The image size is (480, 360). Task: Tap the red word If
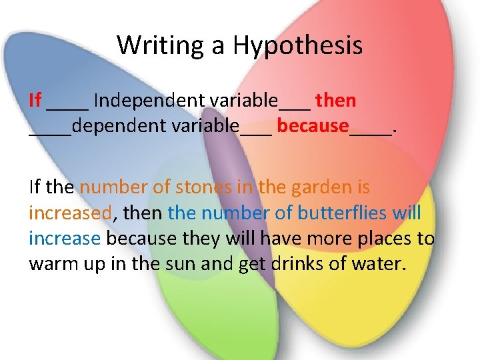(x=35, y=101)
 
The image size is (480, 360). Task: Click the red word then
(x=336, y=101)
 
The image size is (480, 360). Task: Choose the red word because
(x=313, y=125)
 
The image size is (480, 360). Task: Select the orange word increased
(x=70, y=213)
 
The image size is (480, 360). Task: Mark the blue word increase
(x=65, y=238)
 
